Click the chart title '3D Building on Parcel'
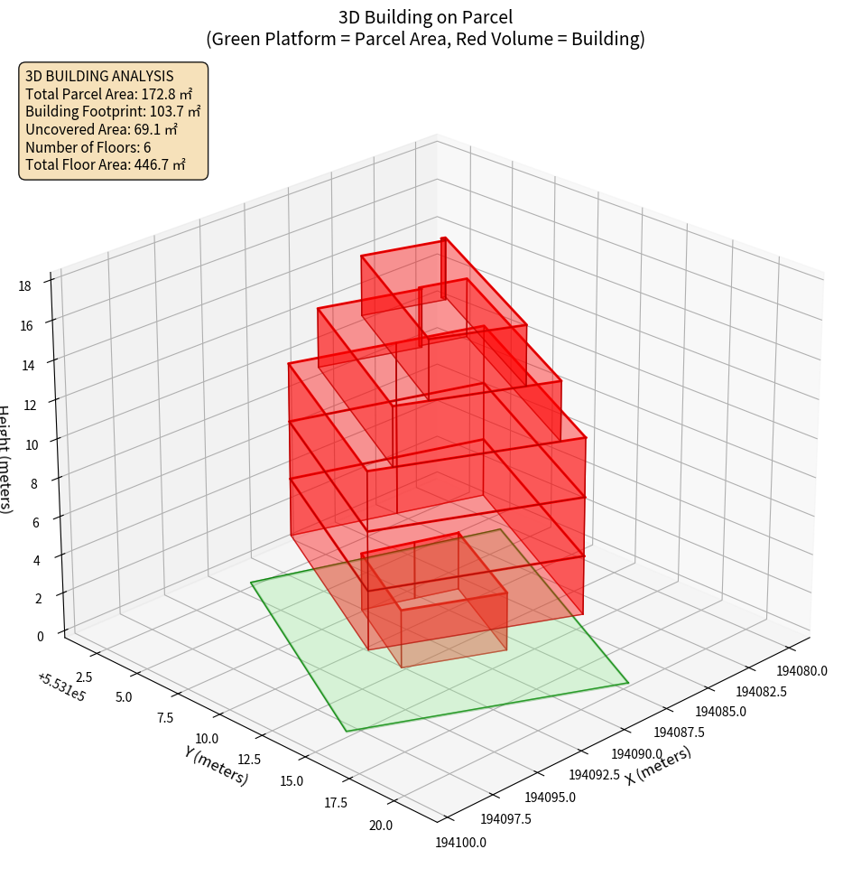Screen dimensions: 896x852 [x=425, y=16]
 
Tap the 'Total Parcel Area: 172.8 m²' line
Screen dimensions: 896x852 [x=108, y=94]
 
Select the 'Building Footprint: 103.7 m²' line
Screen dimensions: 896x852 [x=113, y=111]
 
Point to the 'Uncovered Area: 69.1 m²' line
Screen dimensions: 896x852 [x=102, y=129]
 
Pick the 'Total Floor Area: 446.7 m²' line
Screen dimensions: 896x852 [x=106, y=164]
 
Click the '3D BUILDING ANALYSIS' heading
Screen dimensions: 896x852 [x=99, y=77]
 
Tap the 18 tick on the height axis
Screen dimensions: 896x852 [x=24, y=285]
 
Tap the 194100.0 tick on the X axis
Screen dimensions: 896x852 [x=461, y=843]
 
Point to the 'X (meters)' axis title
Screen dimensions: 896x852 [x=658, y=766]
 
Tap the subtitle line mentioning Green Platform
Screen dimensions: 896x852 [x=425, y=39]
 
